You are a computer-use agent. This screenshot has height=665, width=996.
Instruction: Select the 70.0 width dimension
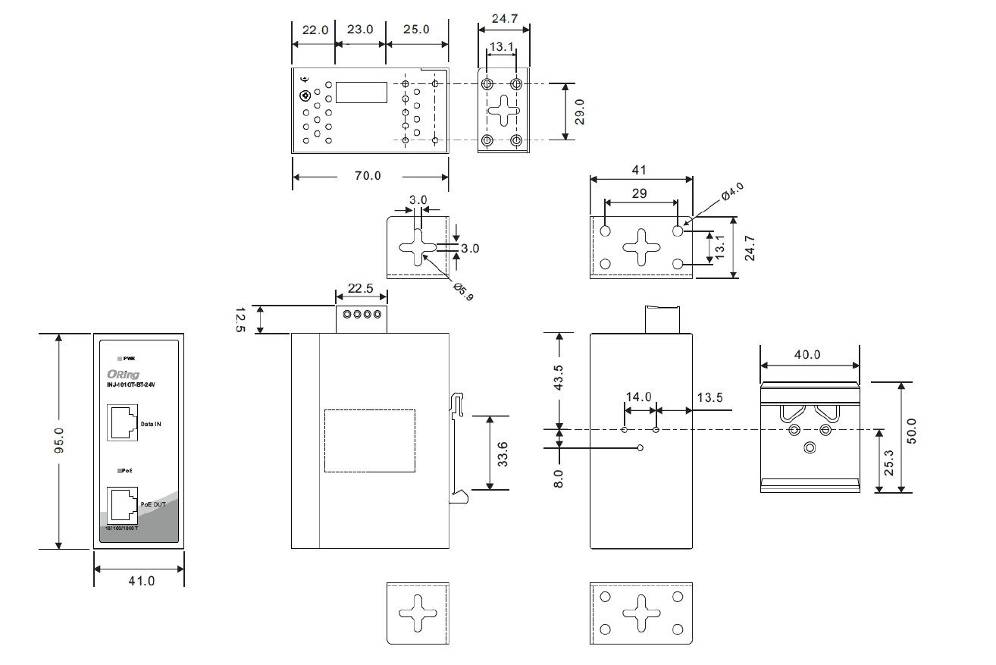point(368,176)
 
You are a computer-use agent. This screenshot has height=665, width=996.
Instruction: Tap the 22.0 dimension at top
point(315,30)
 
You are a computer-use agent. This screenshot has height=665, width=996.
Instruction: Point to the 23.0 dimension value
point(360,30)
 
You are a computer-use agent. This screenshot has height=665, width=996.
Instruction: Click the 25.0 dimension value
point(416,30)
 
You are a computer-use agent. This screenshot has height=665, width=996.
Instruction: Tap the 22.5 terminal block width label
point(360,289)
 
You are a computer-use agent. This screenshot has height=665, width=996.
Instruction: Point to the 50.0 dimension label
point(912,430)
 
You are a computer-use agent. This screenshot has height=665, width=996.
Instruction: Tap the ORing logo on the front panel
point(124,374)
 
